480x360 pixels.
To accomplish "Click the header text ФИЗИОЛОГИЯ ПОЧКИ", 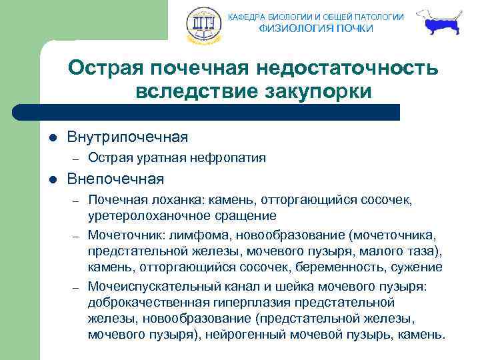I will tap(316, 28).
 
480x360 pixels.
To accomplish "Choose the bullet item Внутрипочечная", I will tap(127, 137).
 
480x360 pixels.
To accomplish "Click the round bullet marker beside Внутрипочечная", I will tap(53, 138).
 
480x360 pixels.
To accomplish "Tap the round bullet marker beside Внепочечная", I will tap(53, 179).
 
